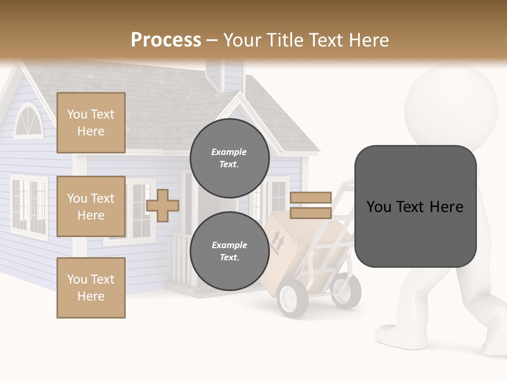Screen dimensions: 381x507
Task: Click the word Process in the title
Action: (166, 40)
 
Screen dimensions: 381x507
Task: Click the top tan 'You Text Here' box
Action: (91, 123)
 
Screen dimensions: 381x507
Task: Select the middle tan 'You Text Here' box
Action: (91, 206)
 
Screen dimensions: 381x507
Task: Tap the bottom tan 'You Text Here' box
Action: (91, 288)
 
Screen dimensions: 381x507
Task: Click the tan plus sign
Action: (162, 205)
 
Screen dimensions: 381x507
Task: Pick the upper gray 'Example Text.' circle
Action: (229, 158)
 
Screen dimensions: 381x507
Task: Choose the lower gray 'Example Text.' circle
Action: (229, 251)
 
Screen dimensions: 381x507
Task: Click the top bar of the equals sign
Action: (311, 197)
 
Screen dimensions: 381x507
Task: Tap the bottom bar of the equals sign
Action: (311, 213)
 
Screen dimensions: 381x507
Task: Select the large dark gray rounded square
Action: (415, 206)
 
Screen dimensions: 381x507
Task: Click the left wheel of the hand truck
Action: (293, 298)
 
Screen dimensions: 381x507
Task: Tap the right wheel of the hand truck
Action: (346, 291)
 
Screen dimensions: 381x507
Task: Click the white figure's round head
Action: (451, 103)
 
